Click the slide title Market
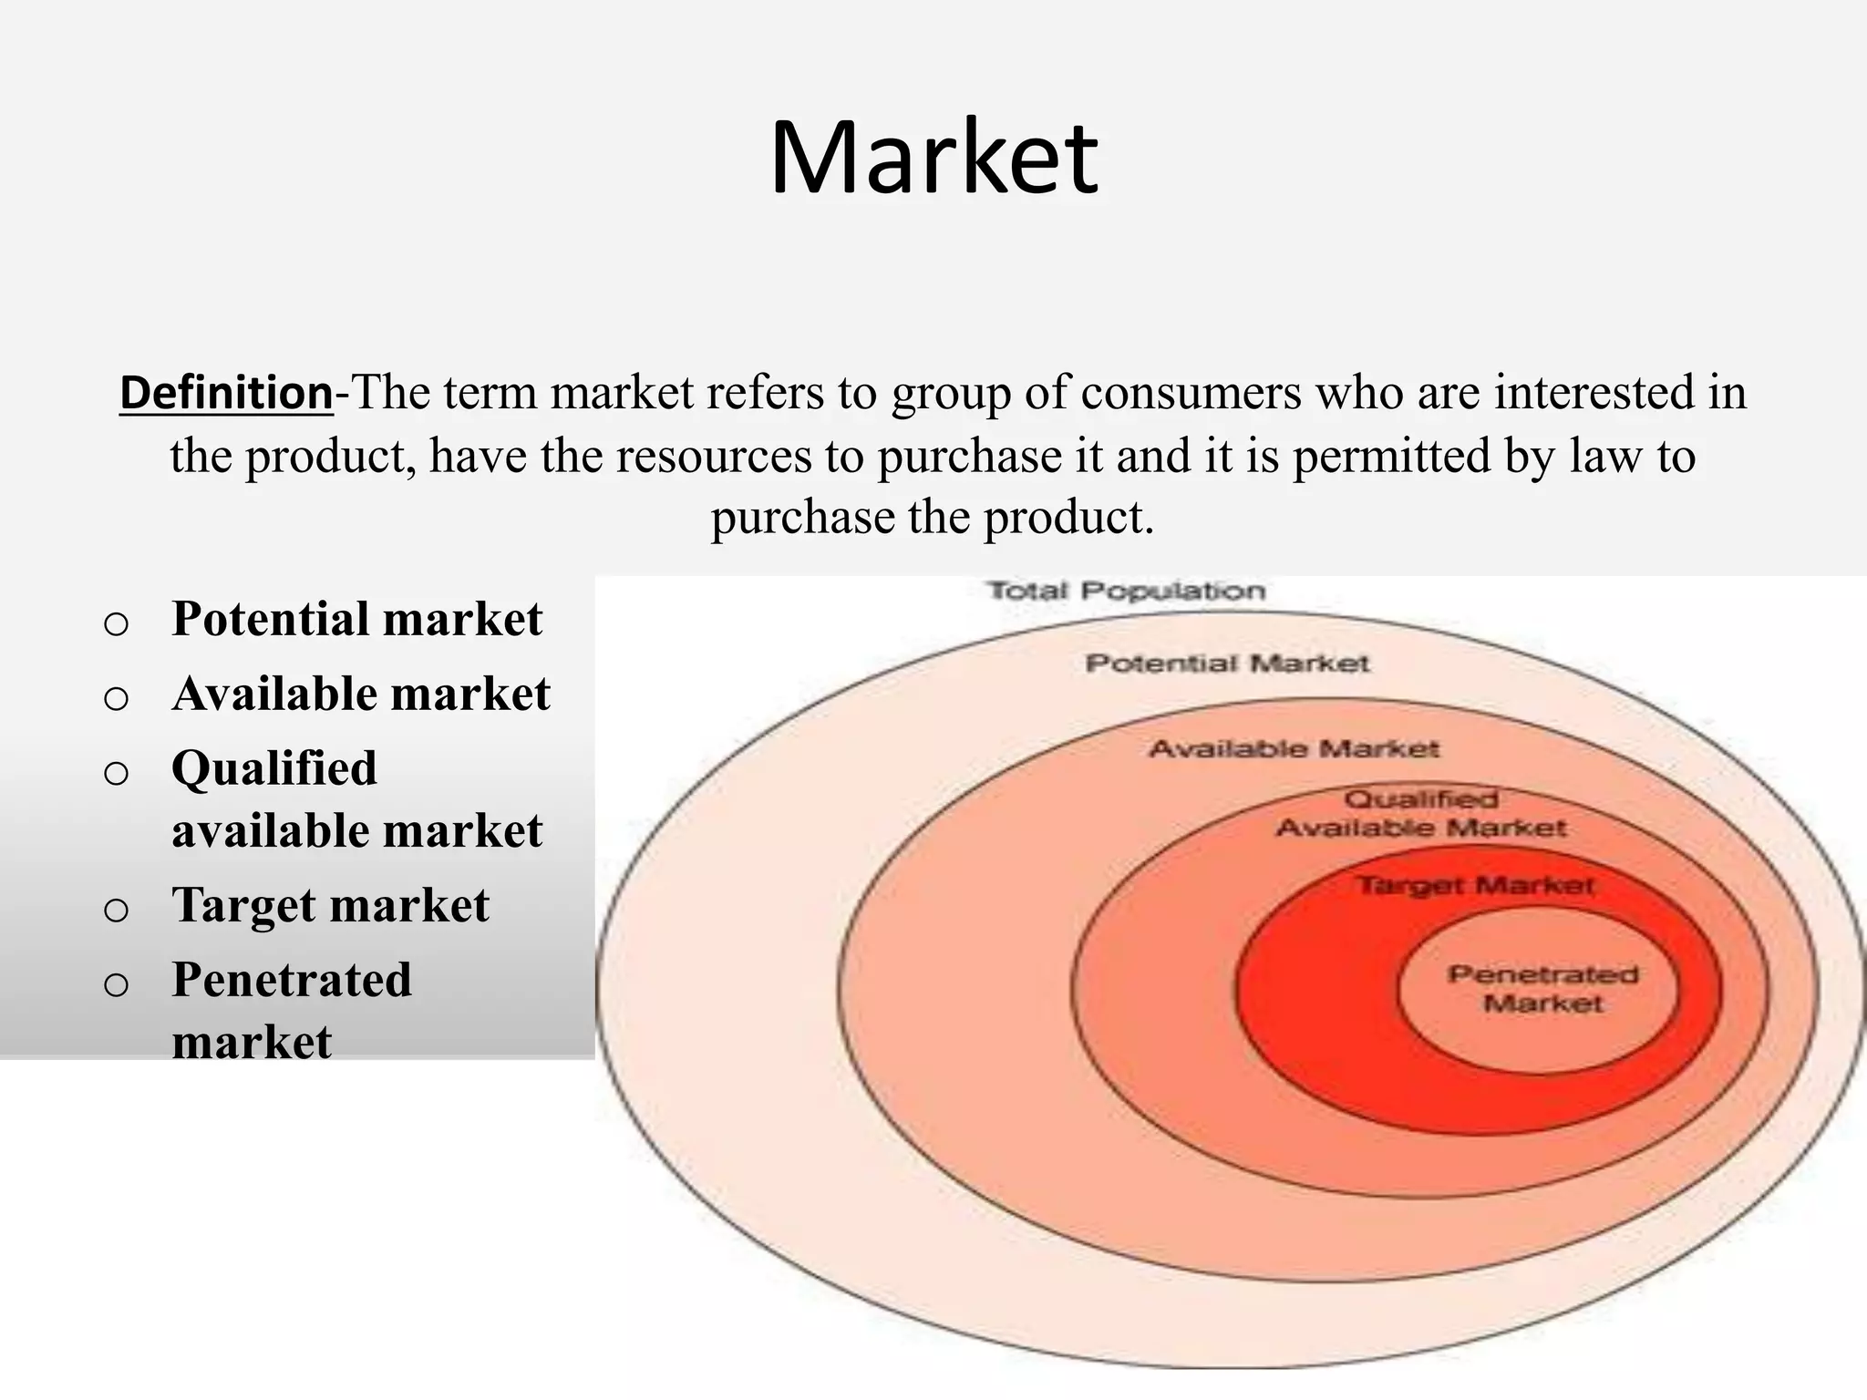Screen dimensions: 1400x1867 tap(933, 158)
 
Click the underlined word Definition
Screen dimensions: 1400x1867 tap(226, 394)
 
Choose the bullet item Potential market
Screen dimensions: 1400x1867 tap(356, 619)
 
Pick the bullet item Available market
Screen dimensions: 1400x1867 tap(361, 694)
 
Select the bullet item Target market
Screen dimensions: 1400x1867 tap(330, 906)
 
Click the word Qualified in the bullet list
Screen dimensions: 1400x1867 tap(273, 768)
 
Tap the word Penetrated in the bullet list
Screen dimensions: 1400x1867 tap(292, 981)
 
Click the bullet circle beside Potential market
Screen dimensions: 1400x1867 tap(116, 624)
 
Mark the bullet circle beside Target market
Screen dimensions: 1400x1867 tap(116, 911)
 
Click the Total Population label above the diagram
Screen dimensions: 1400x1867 tap(1127, 591)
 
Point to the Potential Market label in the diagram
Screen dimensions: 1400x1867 tap(1227, 664)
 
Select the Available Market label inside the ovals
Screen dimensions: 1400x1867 tap(1294, 749)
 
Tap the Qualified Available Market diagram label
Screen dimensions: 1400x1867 tap(1420, 814)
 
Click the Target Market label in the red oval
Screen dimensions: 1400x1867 tap(1476, 885)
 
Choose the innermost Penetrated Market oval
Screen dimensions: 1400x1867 tap(1541, 990)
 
